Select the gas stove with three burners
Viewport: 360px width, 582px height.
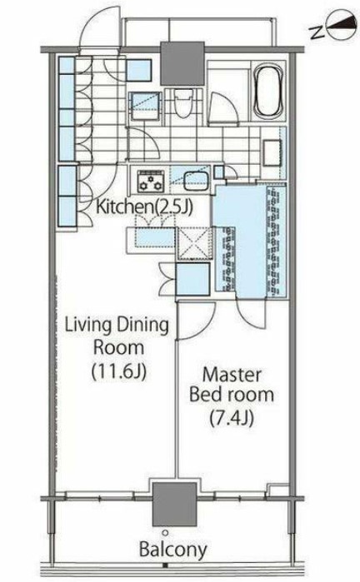click(x=151, y=181)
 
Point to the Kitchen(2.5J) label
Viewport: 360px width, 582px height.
click(x=144, y=207)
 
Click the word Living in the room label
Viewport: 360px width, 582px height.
click(x=88, y=325)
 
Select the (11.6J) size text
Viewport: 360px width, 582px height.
click(x=119, y=371)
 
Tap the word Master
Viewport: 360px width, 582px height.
click(x=232, y=375)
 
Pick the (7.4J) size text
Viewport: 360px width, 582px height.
click(x=232, y=418)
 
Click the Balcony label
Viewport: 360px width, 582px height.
click(x=172, y=550)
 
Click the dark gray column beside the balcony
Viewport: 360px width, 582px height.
click(x=175, y=504)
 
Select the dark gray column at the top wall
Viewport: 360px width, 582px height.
click(x=182, y=63)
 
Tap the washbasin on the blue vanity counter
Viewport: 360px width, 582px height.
click(x=272, y=152)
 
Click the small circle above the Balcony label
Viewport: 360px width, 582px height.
click(x=165, y=533)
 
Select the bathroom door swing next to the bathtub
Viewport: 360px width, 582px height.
click(x=222, y=107)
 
